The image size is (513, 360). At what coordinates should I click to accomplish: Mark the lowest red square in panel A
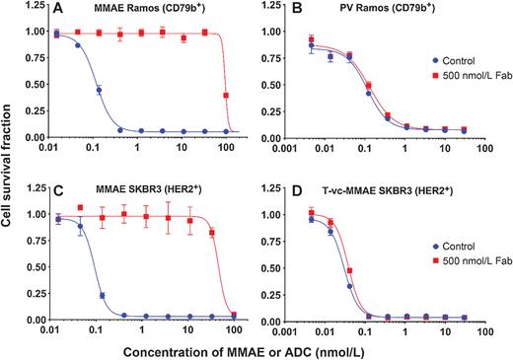227,96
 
